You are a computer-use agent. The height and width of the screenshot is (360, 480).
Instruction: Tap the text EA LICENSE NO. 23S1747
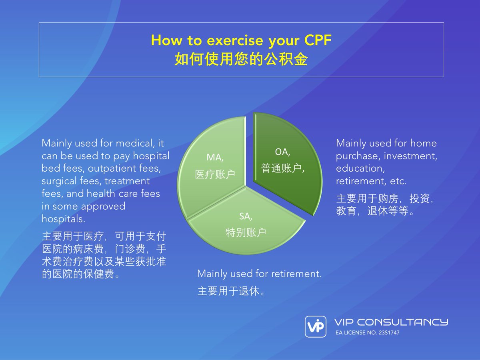click(x=367, y=332)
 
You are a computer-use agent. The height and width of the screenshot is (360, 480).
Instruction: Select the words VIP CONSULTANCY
click(x=391, y=322)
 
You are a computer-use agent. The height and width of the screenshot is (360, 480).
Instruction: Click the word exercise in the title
click(x=219, y=40)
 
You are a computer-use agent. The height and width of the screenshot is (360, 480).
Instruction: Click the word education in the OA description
click(x=358, y=168)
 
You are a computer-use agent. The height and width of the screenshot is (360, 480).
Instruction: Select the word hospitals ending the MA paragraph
click(x=63, y=219)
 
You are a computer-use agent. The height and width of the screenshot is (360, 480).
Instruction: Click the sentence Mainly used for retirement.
click(x=259, y=274)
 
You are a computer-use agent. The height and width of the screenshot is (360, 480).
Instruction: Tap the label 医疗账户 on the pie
click(x=215, y=174)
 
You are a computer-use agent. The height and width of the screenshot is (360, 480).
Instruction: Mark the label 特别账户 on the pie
click(x=246, y=233)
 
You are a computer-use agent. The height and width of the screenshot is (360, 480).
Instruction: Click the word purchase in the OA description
click(x=354, y=156)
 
